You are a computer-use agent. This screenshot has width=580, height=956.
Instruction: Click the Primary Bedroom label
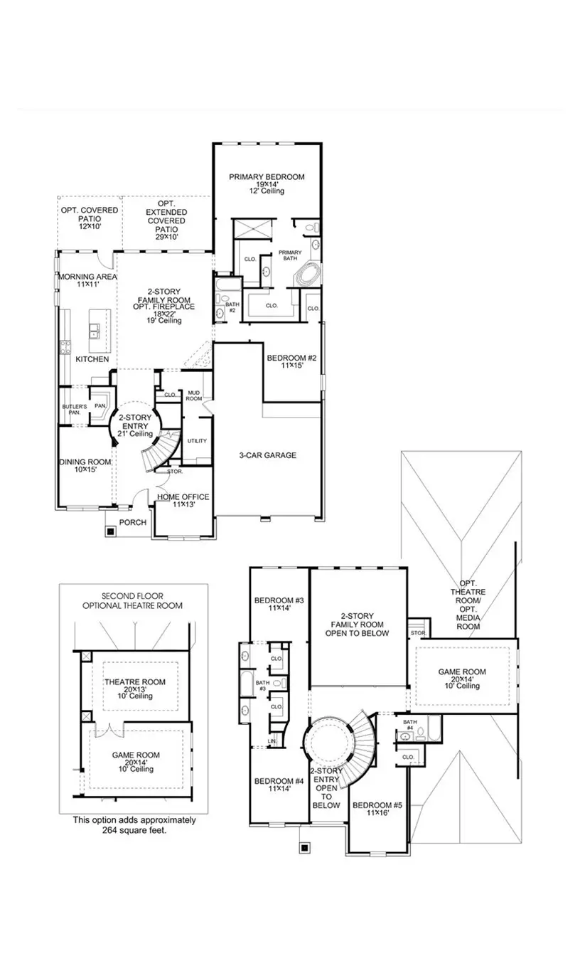267,177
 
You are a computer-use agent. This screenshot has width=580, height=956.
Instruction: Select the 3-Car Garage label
267,455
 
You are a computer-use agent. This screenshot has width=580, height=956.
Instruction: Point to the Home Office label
183,496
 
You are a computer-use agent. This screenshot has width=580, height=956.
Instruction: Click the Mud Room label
193,396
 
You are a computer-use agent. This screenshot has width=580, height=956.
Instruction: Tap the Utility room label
197,441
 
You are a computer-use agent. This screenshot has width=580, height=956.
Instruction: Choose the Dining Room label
85,462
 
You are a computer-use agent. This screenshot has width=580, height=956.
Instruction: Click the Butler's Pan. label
73,409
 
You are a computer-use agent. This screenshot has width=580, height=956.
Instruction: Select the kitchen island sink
94,329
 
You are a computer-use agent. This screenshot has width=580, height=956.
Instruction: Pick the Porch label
132,522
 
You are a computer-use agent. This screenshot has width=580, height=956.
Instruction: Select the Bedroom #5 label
377,805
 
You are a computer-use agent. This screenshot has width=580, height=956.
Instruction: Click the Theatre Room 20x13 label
135,682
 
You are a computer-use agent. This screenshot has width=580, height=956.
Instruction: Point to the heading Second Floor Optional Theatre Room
133,600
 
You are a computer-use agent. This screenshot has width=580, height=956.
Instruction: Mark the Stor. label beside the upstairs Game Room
418,632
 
